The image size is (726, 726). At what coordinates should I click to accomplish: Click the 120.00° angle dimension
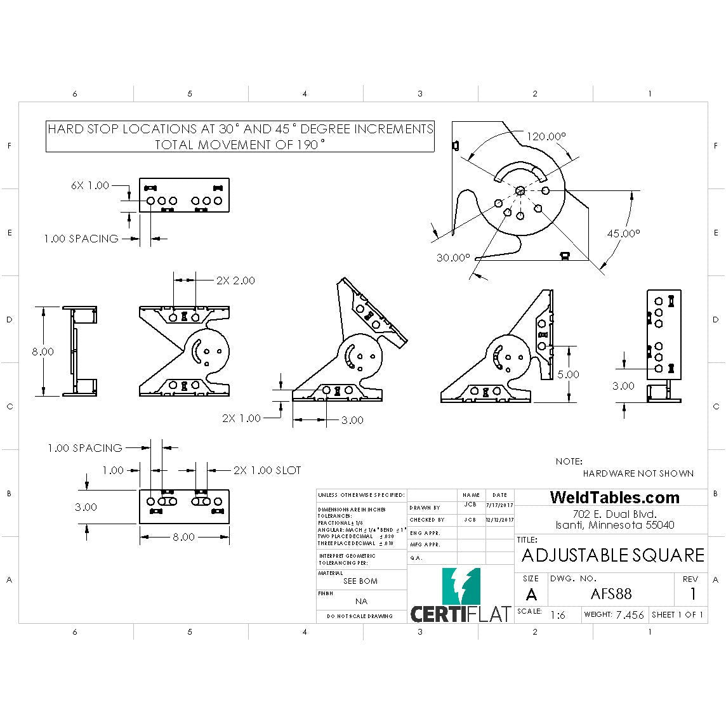[x=546, y=136]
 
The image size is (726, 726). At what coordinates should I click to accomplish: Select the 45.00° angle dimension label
[x=623, y=234]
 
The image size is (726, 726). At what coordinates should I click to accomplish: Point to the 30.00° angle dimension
[x=453, y=258]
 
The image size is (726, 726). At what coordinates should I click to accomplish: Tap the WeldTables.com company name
[x=614, y=498]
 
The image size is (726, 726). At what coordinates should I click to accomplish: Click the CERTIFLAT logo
[x=460, y=597]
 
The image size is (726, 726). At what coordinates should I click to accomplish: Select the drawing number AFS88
[x=610, y=594]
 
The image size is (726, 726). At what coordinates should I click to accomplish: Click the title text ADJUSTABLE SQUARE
[x=612, y=555]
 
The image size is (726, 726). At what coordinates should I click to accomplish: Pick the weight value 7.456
[x=630, y=614]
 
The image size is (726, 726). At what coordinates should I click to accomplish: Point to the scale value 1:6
[x=558, y=615]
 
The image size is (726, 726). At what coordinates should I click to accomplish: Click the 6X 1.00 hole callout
[x=89, y=186]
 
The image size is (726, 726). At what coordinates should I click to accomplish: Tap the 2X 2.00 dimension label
[x=235, y=280]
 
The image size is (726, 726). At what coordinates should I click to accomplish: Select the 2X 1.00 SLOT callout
[x=267, y=470]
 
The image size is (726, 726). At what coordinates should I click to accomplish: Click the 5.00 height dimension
[x=567, y=374]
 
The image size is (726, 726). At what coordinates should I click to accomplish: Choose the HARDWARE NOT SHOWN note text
[x=638, y=473]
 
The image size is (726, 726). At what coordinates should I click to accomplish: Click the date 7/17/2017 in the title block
[x=499, y=505]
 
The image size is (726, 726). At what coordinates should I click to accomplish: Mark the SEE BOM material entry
[x=360, y=581]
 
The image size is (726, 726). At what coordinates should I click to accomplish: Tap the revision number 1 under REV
[x=692, y=594]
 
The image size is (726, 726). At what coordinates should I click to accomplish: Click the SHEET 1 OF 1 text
[x=677, y=614]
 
